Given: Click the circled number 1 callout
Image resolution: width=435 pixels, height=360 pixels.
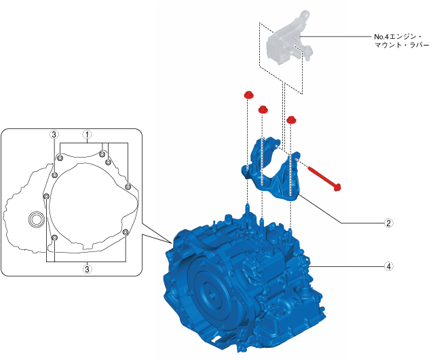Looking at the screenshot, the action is (87, 134).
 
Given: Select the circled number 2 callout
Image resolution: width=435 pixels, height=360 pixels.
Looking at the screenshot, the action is (388, 222).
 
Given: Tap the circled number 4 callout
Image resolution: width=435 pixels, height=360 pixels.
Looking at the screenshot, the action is (388, 267).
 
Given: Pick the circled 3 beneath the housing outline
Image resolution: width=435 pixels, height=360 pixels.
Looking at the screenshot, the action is (87, 269).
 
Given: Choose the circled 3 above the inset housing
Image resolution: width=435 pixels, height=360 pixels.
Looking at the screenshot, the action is (54, 134).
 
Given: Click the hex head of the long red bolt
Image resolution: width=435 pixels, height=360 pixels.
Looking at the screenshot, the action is (338, 186).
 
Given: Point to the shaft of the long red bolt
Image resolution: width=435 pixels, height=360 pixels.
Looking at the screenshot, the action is (322, 176).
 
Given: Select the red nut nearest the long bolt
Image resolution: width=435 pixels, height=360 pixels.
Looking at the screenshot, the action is (291, 120).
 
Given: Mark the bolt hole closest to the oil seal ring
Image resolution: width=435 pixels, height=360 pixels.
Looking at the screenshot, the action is (45, 197).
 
